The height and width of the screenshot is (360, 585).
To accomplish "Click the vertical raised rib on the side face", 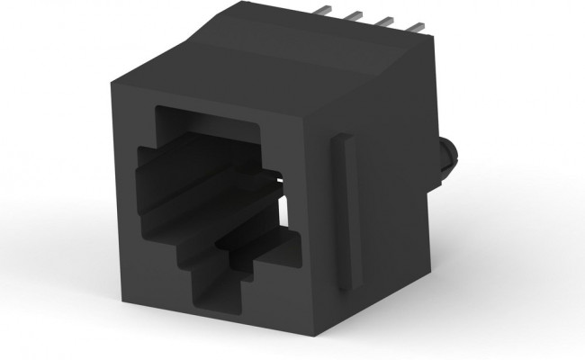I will click(343, 212).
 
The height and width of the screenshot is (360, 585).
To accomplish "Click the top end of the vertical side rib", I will click(342, 137).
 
